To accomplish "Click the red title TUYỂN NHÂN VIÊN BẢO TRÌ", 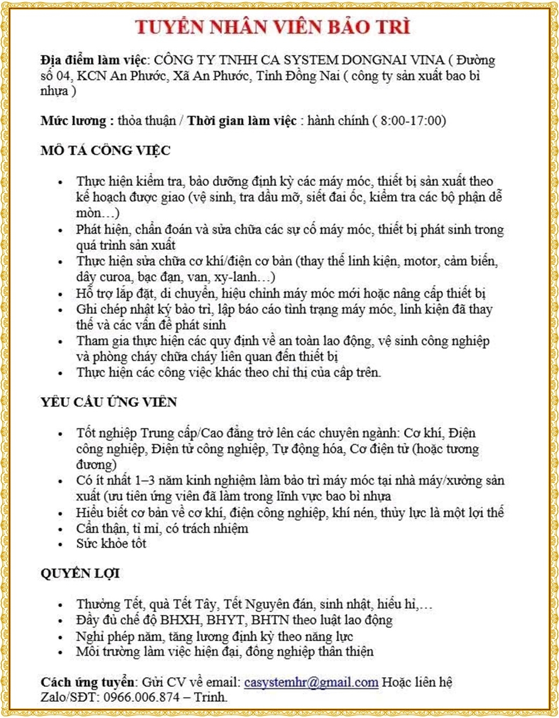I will [x=273, y=27].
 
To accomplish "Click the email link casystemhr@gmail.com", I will [x=311, y=683].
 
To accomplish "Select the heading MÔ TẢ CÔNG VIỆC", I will [x=105, y=150].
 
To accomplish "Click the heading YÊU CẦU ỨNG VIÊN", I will [x=109, y=402].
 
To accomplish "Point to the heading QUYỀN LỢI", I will [x=80, y=573].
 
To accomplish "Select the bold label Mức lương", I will [x=73, y=120].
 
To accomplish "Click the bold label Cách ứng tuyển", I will [x=87, y=683].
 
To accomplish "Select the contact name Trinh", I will [x=210, y=698].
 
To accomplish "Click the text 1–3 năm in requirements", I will [x=156, y=480].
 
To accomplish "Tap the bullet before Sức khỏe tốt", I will [x=61, y=544].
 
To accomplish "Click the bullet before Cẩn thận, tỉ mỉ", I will [x=61, y=529].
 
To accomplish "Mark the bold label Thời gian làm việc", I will [x=241, y=120].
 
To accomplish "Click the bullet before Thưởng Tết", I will [x=61, y=605].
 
